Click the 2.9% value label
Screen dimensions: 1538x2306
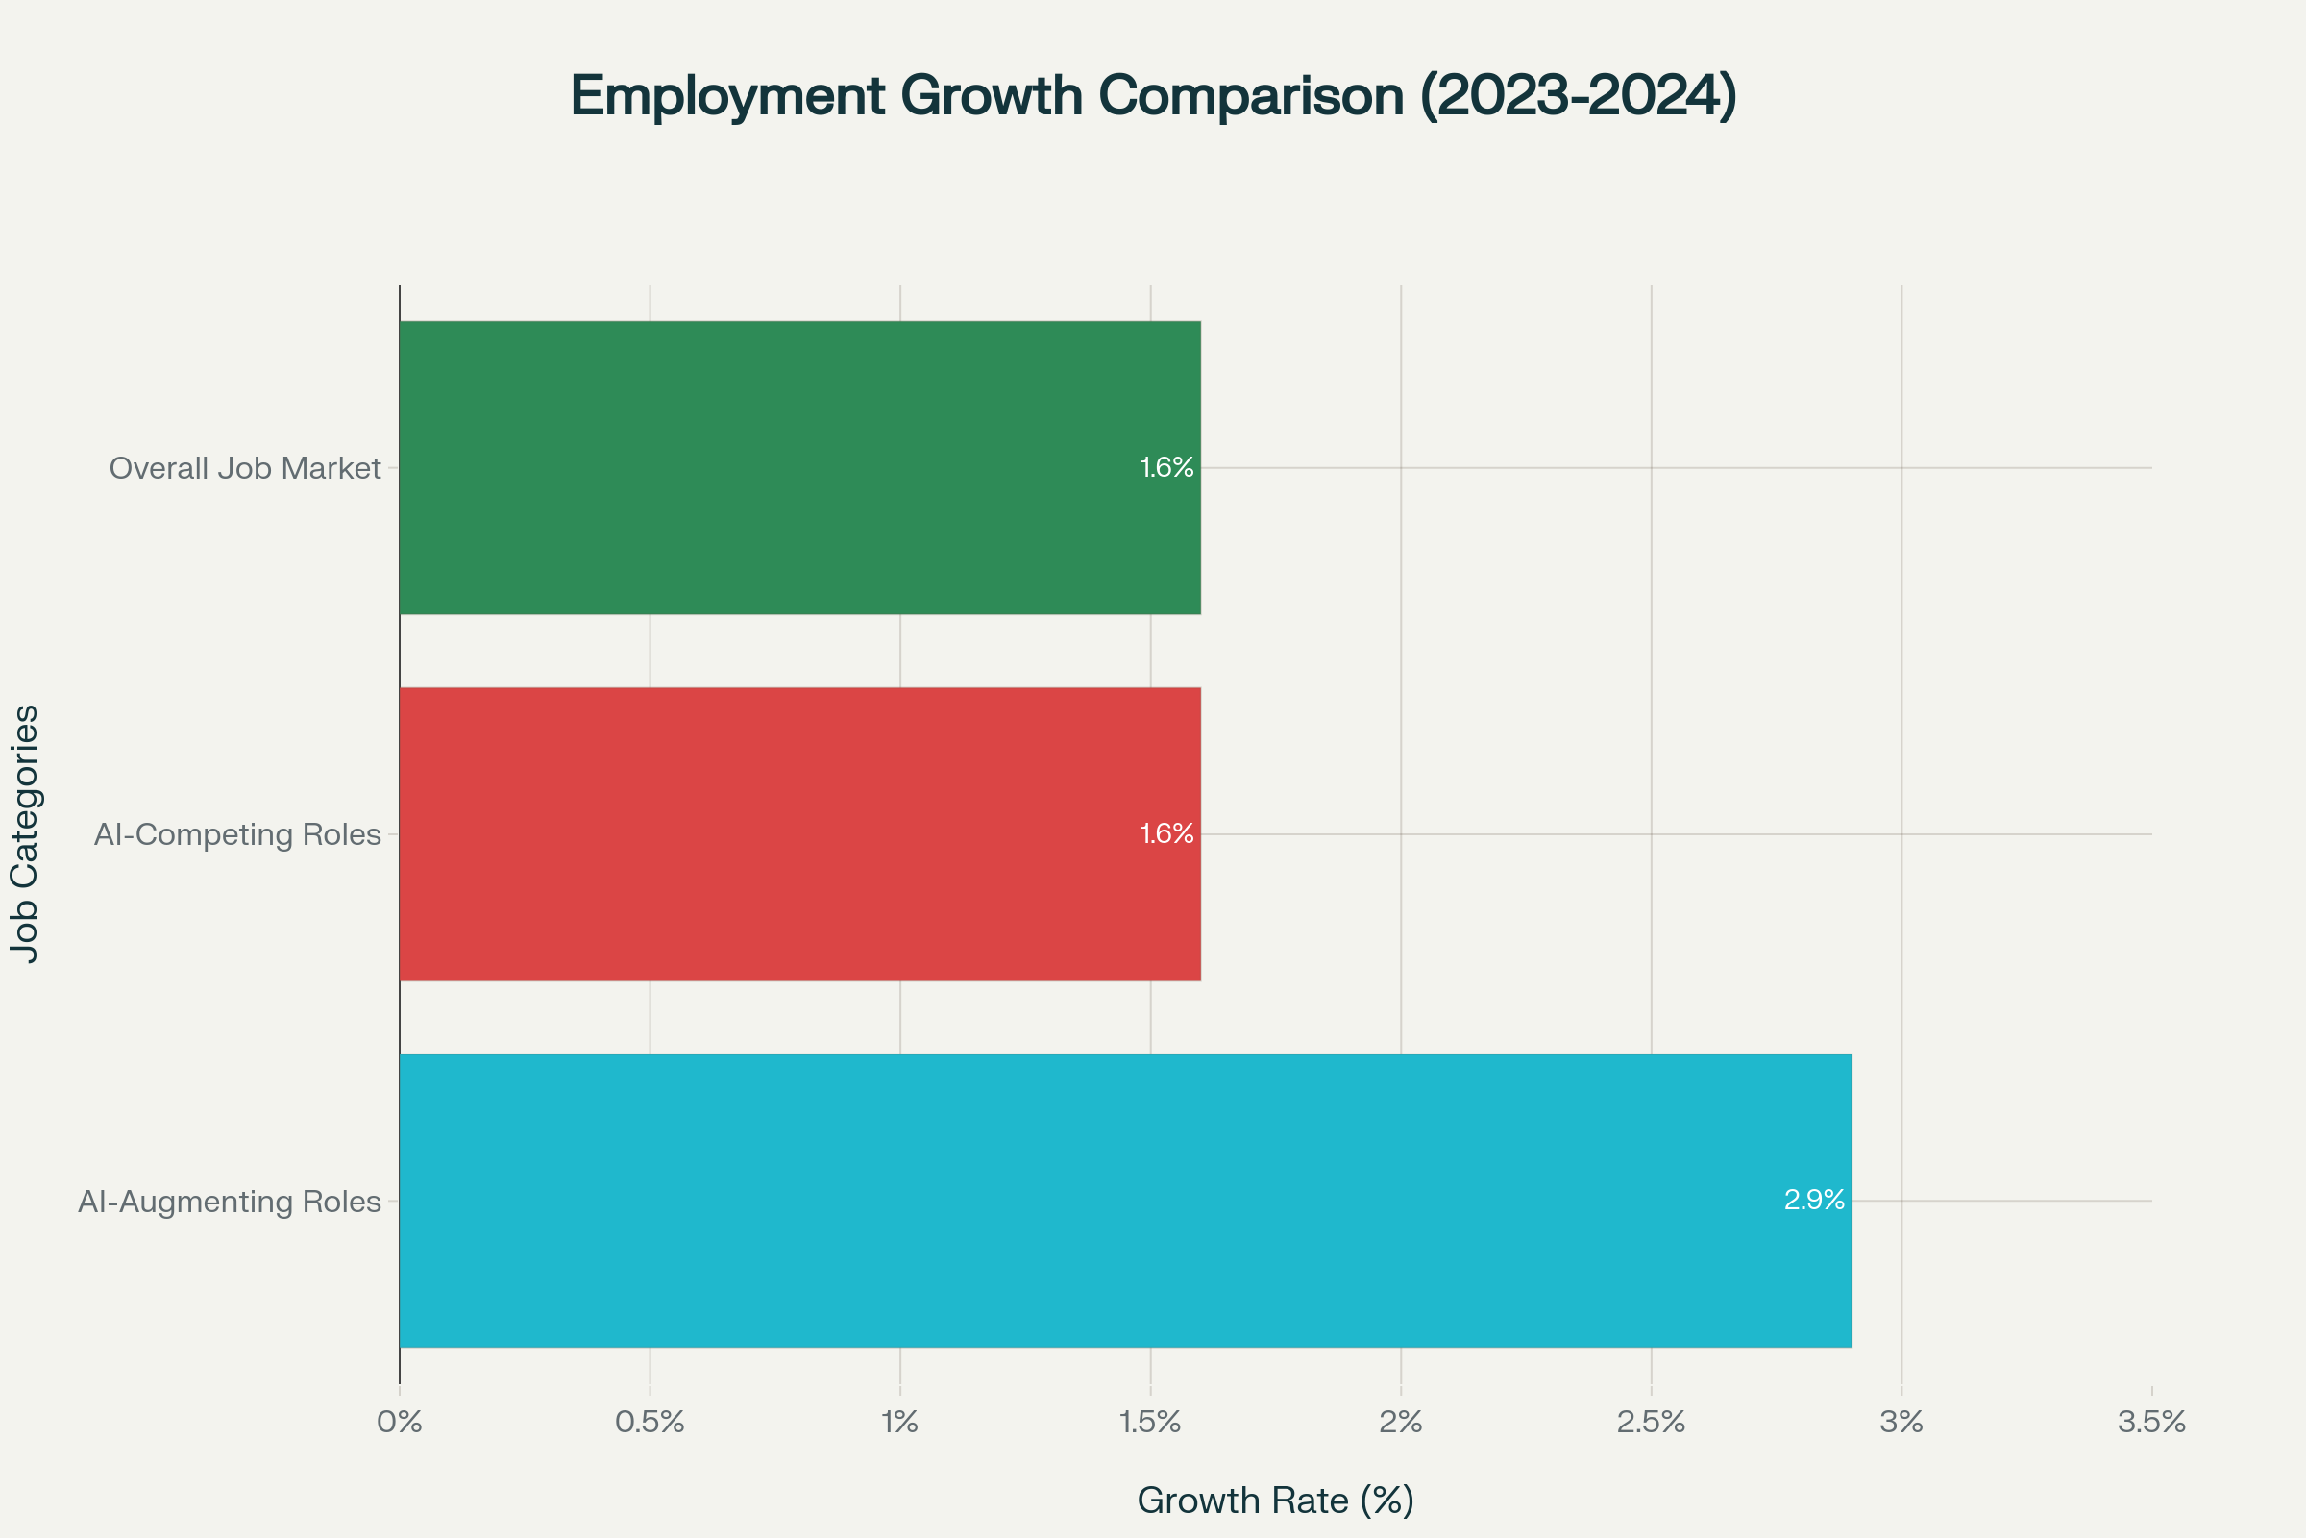1814,1201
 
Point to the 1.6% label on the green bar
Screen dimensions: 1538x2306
1165,468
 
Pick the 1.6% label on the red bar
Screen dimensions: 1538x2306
1165,833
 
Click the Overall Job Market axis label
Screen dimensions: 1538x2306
244,469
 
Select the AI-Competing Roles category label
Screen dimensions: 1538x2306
237,834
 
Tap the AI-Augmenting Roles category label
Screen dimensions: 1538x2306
230,1202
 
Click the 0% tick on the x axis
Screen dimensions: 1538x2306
399,1423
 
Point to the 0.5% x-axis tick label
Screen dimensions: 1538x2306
650,1423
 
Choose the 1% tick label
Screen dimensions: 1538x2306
899,1423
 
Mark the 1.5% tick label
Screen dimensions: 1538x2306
1150,1423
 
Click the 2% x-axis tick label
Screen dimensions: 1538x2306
1400,1423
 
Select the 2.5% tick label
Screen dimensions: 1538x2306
1651,1423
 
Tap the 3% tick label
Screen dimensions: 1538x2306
1901,1423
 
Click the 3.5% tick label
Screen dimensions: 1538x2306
2151,1423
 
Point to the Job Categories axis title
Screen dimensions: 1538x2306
25,833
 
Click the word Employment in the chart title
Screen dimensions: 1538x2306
727,96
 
